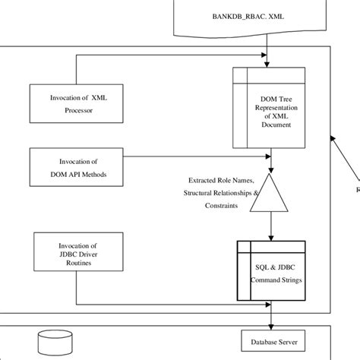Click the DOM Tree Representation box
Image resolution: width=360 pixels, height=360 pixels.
click(x=271, y=107)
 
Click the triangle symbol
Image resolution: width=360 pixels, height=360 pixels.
click(x=271, y=193)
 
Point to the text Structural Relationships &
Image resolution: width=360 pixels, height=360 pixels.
click(x=220, y=193)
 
